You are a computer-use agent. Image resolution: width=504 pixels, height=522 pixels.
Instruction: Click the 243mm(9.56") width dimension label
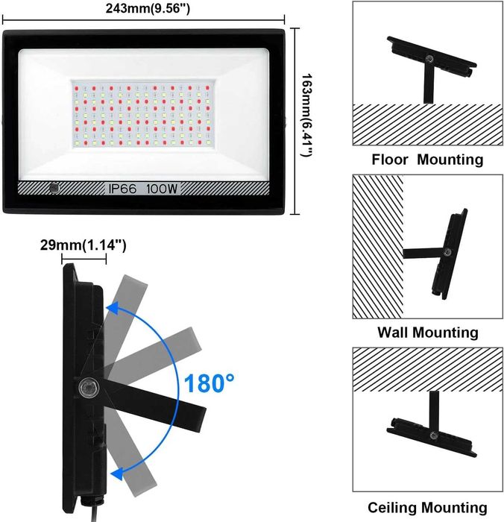click(x=148, y=8)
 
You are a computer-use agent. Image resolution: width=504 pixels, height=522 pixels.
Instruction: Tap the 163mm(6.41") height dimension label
click(x=307, y=115)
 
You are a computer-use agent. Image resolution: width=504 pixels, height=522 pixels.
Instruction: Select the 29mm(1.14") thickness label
click(x=84, y=245)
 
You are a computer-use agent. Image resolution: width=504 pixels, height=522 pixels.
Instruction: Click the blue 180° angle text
click(x=209, y=383)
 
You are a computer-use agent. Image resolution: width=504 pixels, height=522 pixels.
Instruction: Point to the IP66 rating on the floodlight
click(x=122, y=189)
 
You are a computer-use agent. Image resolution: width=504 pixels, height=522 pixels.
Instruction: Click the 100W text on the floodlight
click(x=162, y=189)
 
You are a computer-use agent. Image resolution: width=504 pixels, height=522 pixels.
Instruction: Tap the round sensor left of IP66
click(x=54, y=188)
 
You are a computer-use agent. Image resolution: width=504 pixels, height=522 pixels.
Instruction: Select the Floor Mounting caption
click(x=427, y=160)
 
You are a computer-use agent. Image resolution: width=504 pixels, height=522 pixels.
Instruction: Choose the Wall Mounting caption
click(x=428, y=333)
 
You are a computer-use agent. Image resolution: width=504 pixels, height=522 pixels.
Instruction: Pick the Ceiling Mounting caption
click(x=427, y=508)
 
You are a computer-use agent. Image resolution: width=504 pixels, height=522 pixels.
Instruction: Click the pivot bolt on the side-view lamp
click(x=88, y=388)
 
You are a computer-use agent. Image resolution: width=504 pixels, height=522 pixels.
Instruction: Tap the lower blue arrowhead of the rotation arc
click(x=116, y=473)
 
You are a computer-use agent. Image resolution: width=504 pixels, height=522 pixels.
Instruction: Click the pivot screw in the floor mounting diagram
click(x=429, y=59)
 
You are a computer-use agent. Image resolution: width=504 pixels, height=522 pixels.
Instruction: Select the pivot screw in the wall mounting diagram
click(x=448, y=252)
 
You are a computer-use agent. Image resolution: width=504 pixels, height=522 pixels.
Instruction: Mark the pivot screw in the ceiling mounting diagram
click(x=433, y=435)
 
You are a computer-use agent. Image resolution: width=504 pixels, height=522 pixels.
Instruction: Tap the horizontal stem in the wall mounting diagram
click(x=423, y=254)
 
